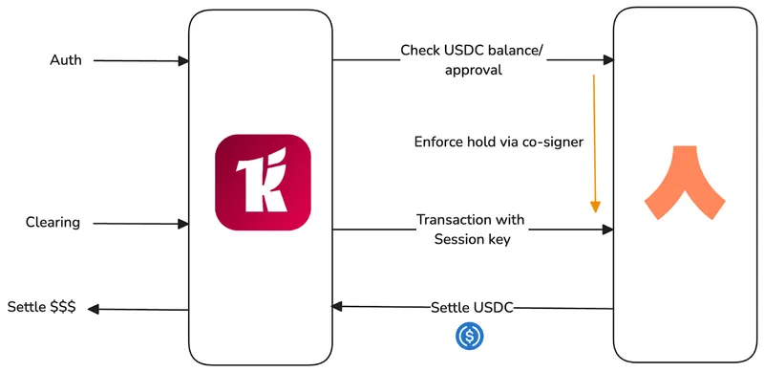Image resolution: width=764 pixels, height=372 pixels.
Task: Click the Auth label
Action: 66,60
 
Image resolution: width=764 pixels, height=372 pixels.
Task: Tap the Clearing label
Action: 53,223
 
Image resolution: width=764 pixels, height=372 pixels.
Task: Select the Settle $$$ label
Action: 41,307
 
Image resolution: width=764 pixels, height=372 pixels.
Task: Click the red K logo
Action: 263,182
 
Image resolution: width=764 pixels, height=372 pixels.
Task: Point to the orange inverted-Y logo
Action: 685,183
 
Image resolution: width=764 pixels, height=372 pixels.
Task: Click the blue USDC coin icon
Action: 470,336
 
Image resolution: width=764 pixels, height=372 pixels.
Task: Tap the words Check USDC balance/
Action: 471,51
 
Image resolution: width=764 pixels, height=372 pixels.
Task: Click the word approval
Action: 473,71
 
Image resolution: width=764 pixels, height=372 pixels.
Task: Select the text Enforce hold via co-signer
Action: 499,142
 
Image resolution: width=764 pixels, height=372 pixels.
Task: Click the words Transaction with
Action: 470,220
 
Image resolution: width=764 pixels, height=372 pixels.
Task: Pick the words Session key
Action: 472,240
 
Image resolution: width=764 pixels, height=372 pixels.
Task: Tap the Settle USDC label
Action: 472,308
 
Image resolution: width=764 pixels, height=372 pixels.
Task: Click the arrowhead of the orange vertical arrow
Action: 595,207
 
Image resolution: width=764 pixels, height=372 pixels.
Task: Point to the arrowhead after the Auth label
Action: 183,61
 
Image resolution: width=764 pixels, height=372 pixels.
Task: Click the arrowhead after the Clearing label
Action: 183,224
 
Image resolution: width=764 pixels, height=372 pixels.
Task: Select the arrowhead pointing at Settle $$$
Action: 94,309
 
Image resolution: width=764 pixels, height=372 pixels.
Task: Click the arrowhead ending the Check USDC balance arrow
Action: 608,60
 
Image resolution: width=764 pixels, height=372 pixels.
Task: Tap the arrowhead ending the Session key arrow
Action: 607,229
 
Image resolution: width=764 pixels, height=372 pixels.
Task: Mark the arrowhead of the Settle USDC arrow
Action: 337,307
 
